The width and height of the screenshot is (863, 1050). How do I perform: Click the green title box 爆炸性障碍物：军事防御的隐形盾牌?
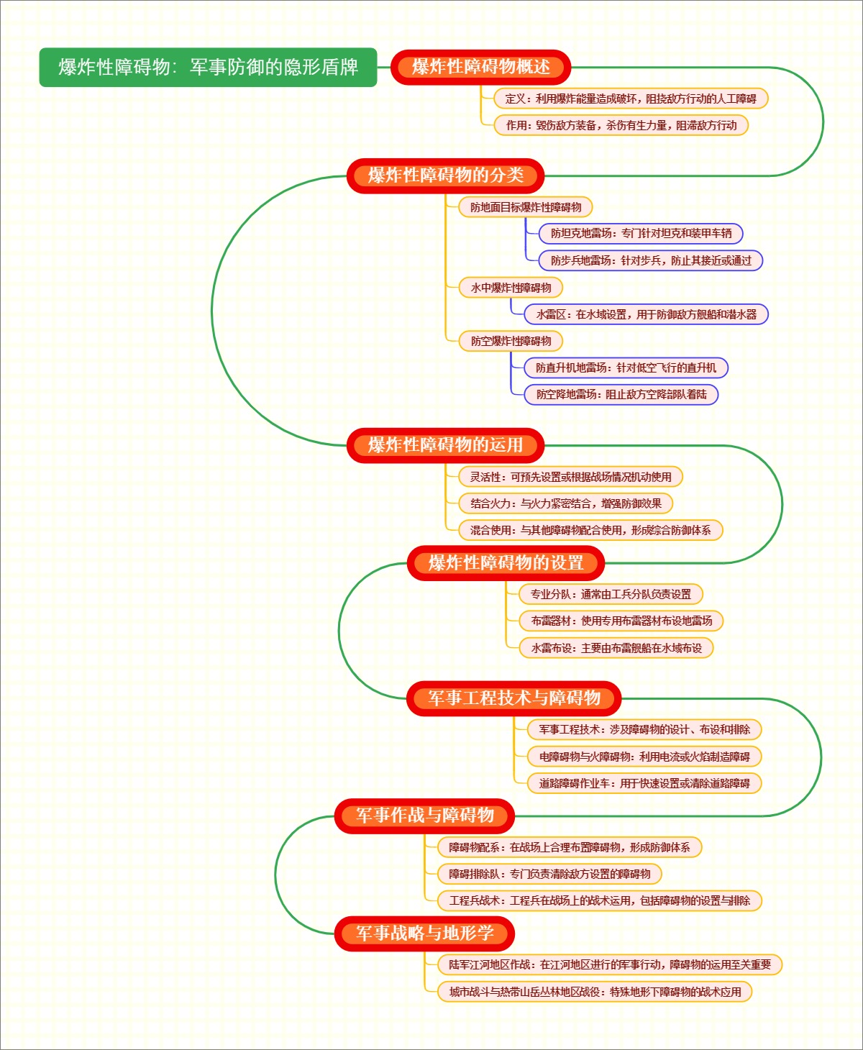[x=208, y=67]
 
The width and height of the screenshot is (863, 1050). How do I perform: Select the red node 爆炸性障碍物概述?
[x=480, y=67]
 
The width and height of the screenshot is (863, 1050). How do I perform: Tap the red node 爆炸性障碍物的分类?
[x=445, y=175]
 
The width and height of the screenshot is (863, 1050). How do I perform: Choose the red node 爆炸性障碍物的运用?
[x=445, y=445]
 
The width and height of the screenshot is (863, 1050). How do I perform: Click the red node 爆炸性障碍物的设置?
[x=506, y=563]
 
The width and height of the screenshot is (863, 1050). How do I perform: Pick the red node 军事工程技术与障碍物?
[x=513, y=698]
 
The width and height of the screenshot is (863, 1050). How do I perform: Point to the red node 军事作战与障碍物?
[x=424, y=816]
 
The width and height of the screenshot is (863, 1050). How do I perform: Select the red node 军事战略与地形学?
[x=424, y=933]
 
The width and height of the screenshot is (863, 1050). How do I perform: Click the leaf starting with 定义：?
[x=631, y=99]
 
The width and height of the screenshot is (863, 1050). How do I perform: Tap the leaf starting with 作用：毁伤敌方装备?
[x=621, y=125]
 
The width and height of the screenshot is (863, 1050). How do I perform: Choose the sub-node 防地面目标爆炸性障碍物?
[x=526, y=207]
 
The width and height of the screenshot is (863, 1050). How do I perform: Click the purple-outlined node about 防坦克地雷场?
[x=641, y=233]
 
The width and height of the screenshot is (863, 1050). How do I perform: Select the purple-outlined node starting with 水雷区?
[x=647, y=314]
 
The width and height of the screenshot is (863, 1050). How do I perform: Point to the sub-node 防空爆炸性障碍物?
[x=511, y=341]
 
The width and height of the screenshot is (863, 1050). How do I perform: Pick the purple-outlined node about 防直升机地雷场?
[x=626, y=367]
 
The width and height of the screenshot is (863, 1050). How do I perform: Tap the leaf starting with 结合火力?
[x=565, y=503]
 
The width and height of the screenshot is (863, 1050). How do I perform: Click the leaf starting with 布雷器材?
[x=621, y=621]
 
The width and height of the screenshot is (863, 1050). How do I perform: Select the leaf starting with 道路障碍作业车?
[x=644, y=783]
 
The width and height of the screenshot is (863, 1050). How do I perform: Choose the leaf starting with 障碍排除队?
[x=549, y=874]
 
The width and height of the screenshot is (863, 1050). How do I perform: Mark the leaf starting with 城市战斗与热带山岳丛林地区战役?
[x=595, y=992]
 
